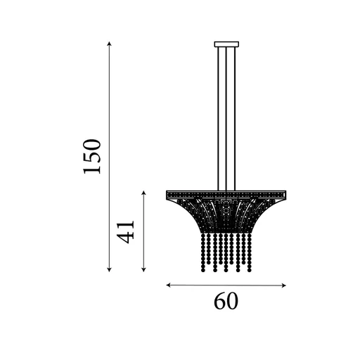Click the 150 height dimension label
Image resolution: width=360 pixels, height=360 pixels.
[93, 157]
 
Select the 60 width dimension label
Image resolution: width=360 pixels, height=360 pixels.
[226, 301]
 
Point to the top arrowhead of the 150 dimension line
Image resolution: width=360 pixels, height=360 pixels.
[110, 44]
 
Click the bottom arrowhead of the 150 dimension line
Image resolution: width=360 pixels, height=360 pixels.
[110, 270]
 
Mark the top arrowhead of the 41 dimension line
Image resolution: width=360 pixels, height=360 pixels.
[143, 192]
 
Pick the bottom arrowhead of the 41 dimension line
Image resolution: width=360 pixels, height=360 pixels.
[143, 270]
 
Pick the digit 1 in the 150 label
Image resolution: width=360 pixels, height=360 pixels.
[93, 170]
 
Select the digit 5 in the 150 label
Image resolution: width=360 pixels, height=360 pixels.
[93, 157]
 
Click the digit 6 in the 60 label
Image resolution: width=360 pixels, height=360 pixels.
[219, 301]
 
